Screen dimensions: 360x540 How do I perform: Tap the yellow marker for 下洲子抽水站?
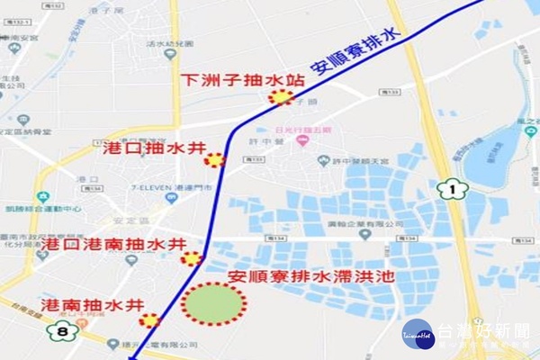point(282,97)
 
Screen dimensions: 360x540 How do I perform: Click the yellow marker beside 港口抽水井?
point(214,160)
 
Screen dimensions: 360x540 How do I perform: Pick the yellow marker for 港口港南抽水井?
point(191,259)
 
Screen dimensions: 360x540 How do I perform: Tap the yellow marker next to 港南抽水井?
point(149,319)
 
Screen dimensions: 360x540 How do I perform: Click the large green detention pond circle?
point(214,303)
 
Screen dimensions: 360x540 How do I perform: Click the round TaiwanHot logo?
point(418,335)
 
